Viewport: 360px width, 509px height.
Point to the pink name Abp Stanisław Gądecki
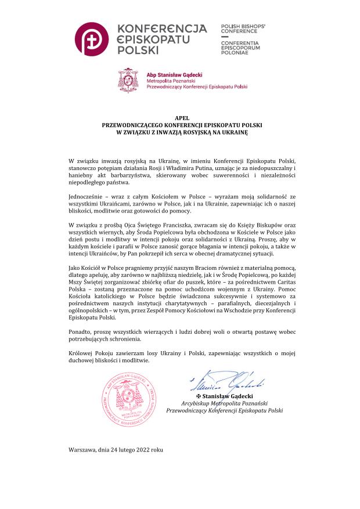[x=173, y=74]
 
